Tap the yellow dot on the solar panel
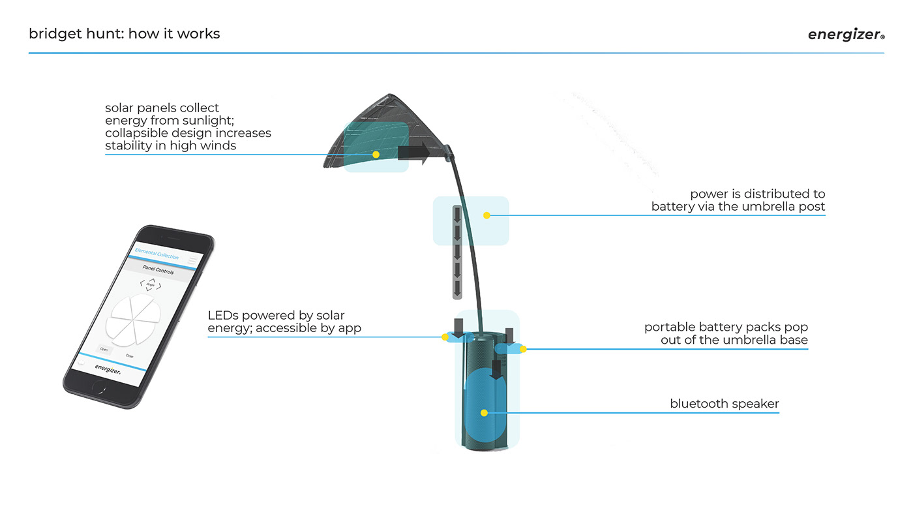[x=376, y=155]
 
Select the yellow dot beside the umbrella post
[x=486, y=215]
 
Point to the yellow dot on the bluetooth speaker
[x=484, y=413]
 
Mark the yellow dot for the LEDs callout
[x=445, y=337]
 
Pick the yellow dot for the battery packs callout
[x=523, y=349]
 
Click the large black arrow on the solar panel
[x=413, y=152]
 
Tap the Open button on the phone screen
[x=103, y=350]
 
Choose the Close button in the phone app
[x=130, y=355]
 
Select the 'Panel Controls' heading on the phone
[x=158, y=270]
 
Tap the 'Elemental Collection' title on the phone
[x=157, y=254]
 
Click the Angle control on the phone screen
[x=151, y=284]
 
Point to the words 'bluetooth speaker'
[x=724, y=404]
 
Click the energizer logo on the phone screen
[x=108, y=368]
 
